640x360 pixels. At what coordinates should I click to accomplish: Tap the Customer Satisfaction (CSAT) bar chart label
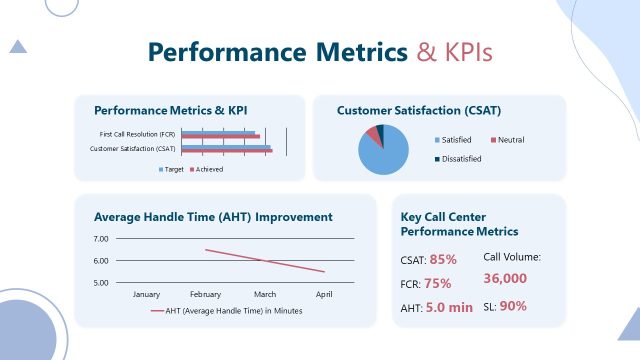(x=132, y=149)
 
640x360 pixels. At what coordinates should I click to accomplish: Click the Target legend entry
(x=173, y=169)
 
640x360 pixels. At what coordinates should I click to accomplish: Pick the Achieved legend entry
(x=209, y=169)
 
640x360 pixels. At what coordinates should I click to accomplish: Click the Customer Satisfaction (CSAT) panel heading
(x=419, y=110)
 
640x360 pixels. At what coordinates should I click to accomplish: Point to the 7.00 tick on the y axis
(x=100, y=239)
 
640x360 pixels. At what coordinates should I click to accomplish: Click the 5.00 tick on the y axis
(x=100, y=282)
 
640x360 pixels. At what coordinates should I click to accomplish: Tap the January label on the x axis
(x=146, y=295)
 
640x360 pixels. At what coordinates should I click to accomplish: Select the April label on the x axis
(x=323, y=295)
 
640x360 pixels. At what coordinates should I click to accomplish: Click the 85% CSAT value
(x=443, y=259)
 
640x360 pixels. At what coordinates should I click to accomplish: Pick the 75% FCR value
(x=437, y=283)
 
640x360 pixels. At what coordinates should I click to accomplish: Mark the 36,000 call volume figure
(x=505, y=278)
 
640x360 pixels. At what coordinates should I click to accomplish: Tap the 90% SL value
(x=512, y=306)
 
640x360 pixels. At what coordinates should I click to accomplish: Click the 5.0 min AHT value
(x=448, y=307)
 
